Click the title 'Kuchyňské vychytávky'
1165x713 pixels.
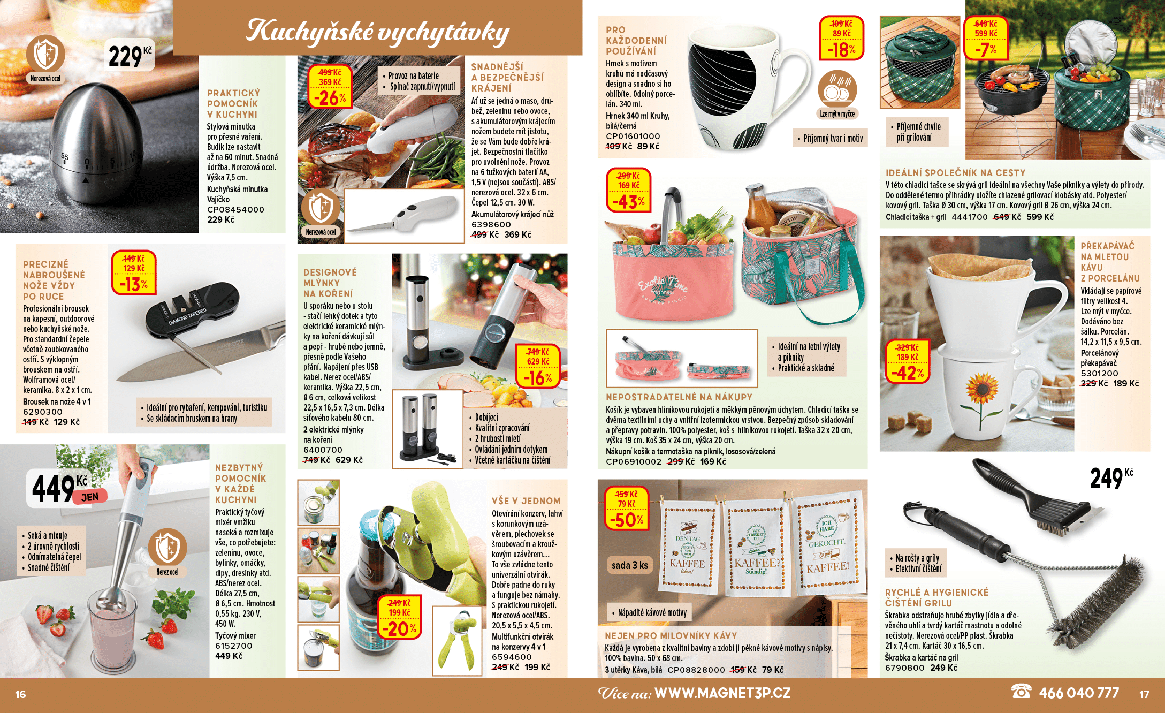[x=377, y=31]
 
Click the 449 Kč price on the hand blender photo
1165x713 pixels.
[x=68, y=488]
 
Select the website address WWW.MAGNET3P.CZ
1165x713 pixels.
[x=722, y=693]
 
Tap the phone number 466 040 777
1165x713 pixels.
[x=1078, y=693]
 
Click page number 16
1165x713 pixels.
[x=20, y=694]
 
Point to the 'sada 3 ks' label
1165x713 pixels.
[x=630, y=565]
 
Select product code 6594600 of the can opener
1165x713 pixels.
[x=512, y=657]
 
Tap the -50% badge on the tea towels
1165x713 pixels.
[x=627, y=507]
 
